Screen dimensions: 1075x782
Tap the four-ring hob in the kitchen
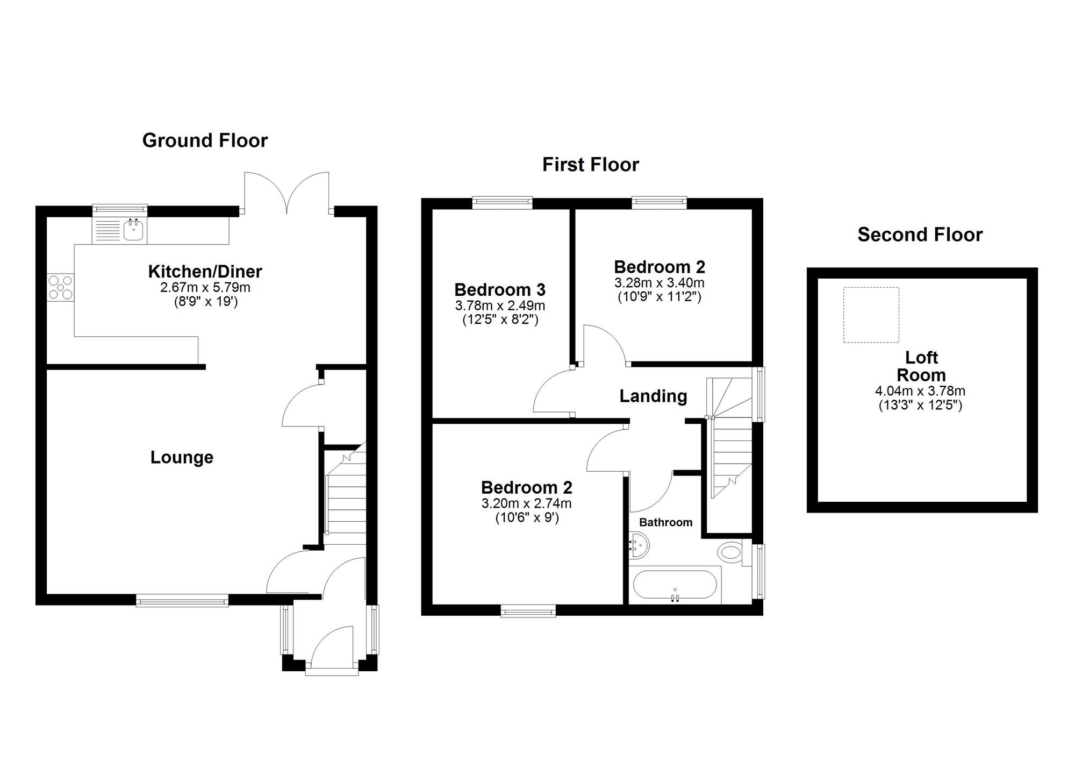pyautogui.click(x=60, y=287)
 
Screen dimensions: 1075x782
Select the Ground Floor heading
pyautogui.click(x=205, y=140)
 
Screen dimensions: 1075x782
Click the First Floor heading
pyautogui.click(x=591, y=165)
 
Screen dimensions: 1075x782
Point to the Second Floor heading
pyautogui.click(x=920, y=234)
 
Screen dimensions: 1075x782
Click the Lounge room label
pyautogui.click(x=182, y=457)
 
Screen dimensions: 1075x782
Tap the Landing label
pyautogui.click(x=653, y=396)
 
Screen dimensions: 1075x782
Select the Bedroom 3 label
pyautogui.click(x=500, y=290)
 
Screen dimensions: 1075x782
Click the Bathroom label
pyautogui.click(x=665, y=522)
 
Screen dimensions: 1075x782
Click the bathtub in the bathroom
pyautogui.click(x=675, y=585)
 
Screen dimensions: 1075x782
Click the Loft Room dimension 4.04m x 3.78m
pyautogui.click(x=920, y=392)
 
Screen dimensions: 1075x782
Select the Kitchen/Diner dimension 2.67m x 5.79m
pyautogui.click(x=205, y=288)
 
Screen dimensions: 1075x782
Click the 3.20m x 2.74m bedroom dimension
pyautogui.click(x=526, y=504)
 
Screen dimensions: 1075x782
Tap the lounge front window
pyautogui.click(x=182, y=600)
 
